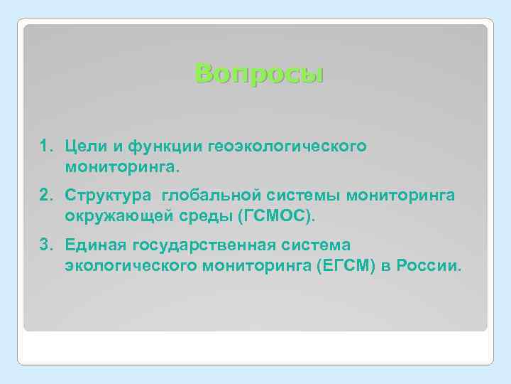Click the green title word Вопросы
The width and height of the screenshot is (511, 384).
click(259, 73)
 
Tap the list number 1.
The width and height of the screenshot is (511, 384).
click(44, 146)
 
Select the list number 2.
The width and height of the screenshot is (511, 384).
click(44, 196)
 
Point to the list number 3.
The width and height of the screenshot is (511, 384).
click(44, 245)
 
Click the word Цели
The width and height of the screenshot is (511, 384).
click(85, 146)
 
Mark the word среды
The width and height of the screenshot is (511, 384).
click(189, 215)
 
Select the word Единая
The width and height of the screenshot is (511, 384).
click(93, 245)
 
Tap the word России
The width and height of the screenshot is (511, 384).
click(430, 266)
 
